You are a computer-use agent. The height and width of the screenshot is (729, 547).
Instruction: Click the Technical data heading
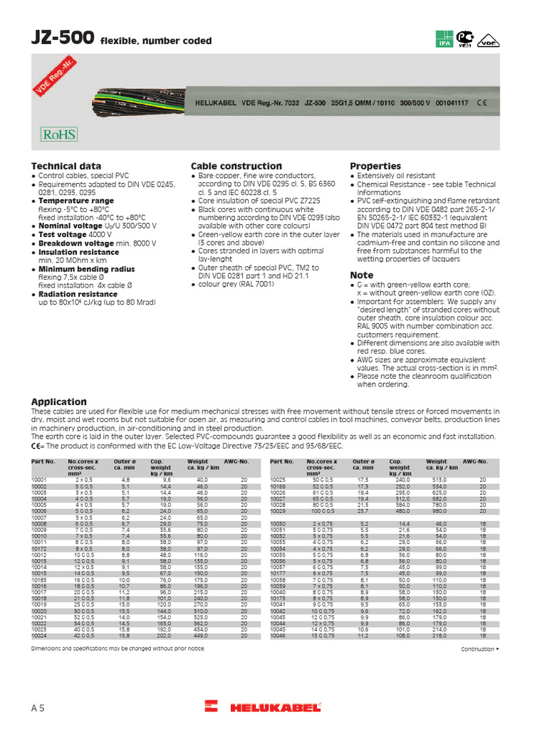click(63, 166)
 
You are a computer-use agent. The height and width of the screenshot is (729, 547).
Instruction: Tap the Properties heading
click(375, 166)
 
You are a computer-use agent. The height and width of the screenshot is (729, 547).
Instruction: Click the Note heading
click(361, 275)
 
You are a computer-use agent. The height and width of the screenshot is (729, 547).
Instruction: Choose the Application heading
click(58, 402)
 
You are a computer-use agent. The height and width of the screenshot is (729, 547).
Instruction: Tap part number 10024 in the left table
click(38, 635)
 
